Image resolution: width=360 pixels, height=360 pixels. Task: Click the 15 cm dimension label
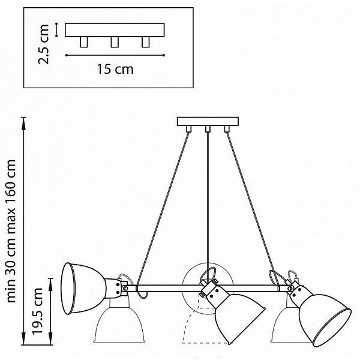pyautogui.click(x=115, y=70)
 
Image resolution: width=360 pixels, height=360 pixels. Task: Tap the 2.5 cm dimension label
pyautogui.click(x=44, y=44)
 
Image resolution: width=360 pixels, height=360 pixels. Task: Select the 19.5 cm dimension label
pyautogui.click(x=37, y=311)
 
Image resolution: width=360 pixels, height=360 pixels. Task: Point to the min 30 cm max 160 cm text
pyautogui.click(x=11, y=231)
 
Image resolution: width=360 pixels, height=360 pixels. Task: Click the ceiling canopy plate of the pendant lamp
pyautogui.click(x=208, y=121)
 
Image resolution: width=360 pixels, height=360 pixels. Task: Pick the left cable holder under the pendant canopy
pyautogui.click(x=189, y=129)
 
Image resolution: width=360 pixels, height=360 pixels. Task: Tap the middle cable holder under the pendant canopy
pyautogui.click(x=208, y=129)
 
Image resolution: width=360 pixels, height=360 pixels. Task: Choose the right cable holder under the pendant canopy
pyautogui.click(x=227, y=129)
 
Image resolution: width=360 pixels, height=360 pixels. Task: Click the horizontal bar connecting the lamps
pyautogui.click(x=208, y=289)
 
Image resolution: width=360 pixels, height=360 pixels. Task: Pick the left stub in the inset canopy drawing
pyautogui.click(x=84, y=42)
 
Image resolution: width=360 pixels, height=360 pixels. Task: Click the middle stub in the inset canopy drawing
pyautogui.click(x=115, y=42)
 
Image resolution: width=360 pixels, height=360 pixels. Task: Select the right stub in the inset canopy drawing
pyautogui.click(x=146, y=42)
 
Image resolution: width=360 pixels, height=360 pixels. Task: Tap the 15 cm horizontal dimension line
pyautogui.click(x=115, y=55)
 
